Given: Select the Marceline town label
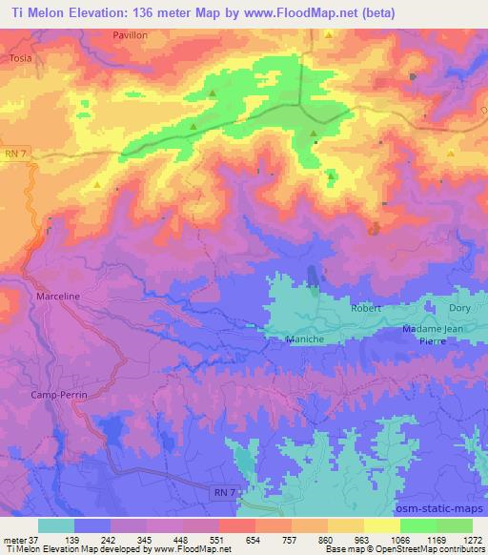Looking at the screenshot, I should pos(57,297).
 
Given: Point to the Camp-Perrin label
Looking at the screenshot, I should pos(59,395).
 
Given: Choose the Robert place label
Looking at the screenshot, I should pos(365,309).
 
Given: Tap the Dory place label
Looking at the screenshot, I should pos(459,309).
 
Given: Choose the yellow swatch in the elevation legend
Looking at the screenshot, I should pos(381,525).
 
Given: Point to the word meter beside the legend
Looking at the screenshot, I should pos(15,539).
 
